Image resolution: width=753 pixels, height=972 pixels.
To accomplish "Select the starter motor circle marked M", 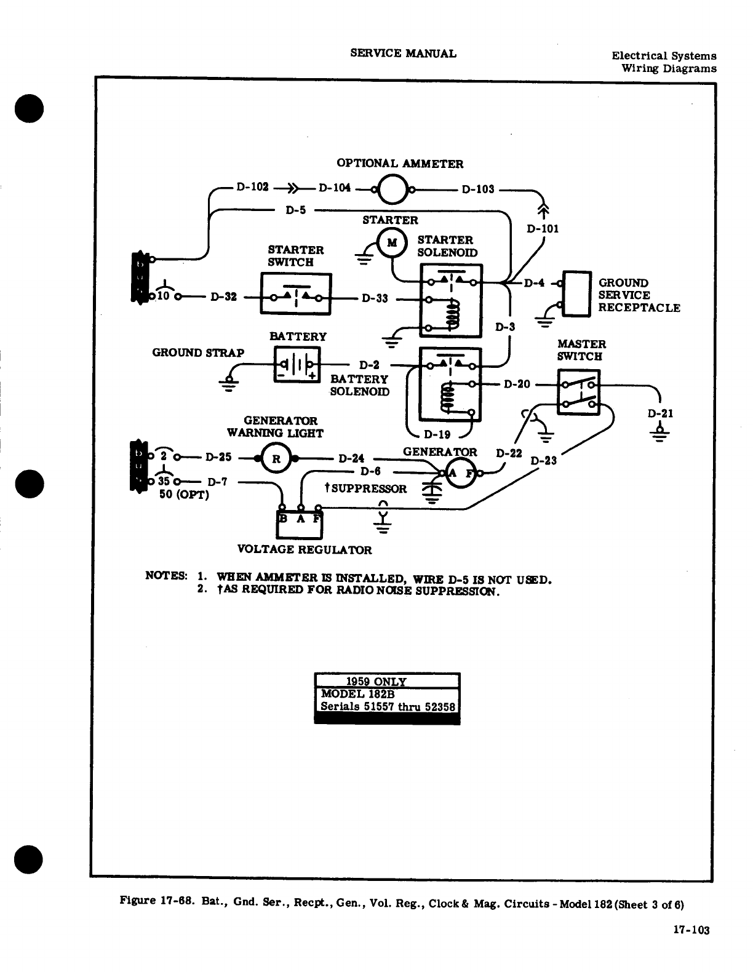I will click(391, 242).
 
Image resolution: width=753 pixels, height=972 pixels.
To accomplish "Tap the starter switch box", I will click(296, 294).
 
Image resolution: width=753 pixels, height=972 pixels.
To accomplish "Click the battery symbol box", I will click(297, 364).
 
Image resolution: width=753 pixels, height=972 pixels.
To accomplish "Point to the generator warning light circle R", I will click(277, 458).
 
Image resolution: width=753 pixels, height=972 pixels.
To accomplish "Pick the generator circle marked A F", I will click(461, 472).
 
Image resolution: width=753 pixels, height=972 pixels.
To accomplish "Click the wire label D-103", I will click(478, 189).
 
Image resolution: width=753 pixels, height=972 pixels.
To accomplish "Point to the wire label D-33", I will click(375, 299).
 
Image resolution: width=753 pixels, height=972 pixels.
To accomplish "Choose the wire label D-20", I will click(517, 384).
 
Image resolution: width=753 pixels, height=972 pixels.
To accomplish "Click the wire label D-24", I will click(351, 458).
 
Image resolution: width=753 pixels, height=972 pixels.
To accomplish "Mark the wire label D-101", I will click(543, 229).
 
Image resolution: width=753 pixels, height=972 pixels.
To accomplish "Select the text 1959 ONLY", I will click(376, 682).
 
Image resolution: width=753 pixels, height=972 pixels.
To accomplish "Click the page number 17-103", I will click(692, 930).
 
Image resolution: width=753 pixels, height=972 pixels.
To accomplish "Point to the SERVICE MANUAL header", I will click(403, 53).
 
